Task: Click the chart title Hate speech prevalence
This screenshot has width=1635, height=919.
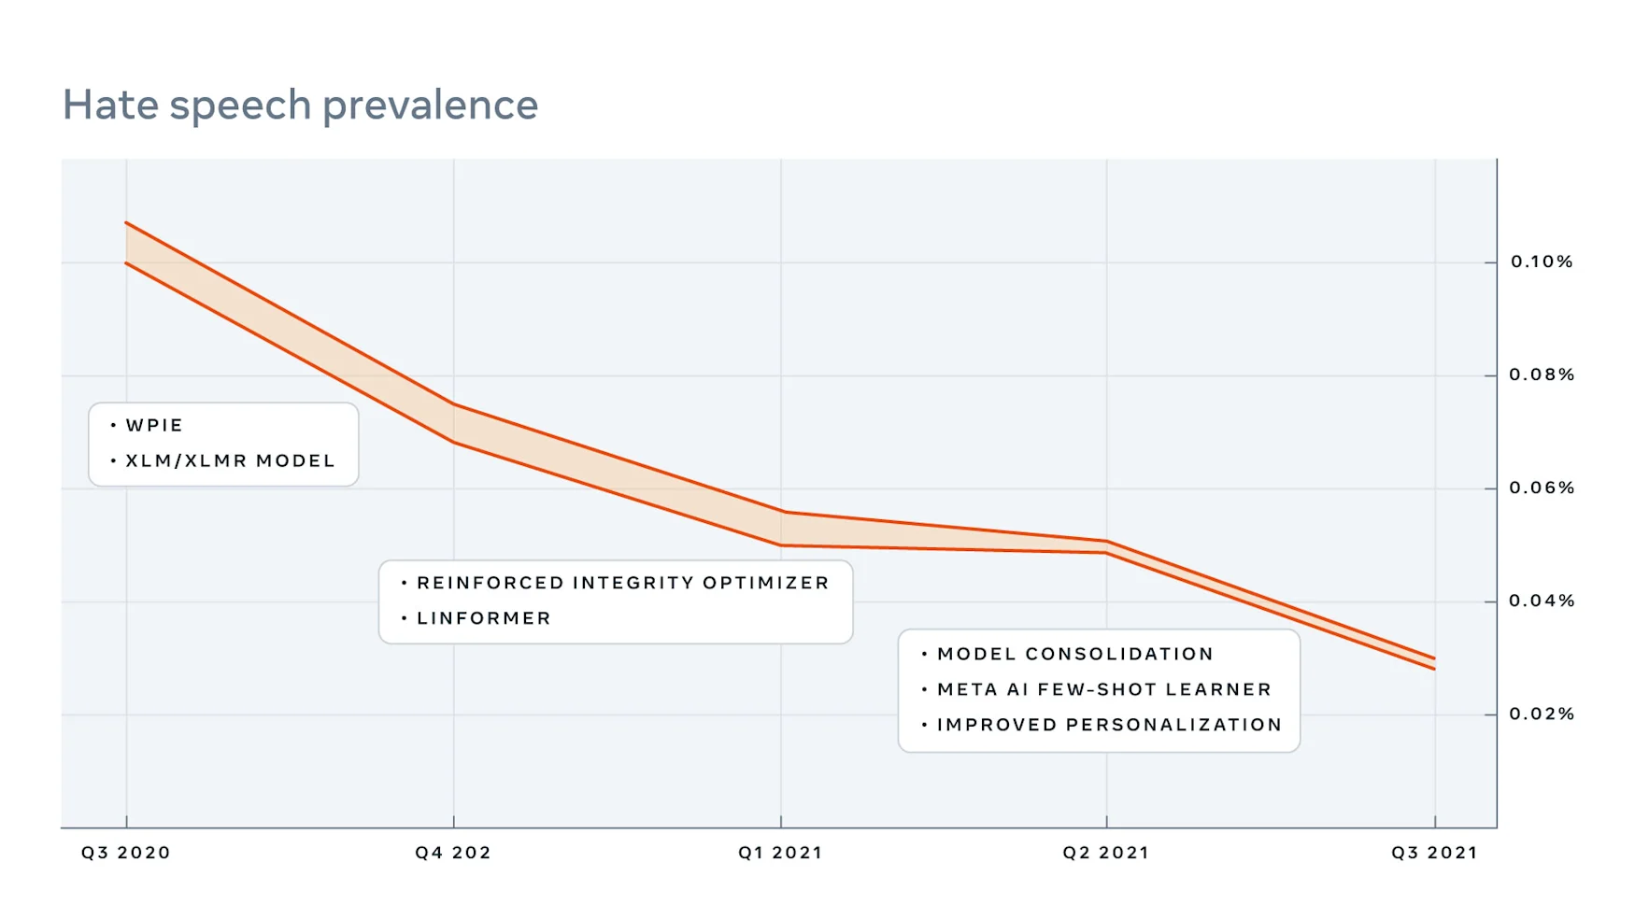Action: click(300, 105)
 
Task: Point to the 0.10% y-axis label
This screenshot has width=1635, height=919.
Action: click(1542, 262)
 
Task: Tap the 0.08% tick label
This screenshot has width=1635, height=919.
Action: click(1542, 375)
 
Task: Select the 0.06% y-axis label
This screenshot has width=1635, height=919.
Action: click(1542, 488)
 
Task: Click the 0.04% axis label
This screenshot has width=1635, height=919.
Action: click(1542, 601)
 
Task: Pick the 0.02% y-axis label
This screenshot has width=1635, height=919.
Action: click(1542, 714)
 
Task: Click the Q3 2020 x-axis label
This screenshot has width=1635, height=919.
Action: click(126, 853)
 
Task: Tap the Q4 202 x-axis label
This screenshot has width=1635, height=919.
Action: click(453, 853)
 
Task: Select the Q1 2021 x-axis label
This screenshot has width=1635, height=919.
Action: click(780, 853)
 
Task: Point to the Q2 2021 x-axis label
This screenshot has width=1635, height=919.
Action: click(1106, 853)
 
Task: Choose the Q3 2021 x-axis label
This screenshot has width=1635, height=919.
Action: click(1434, 853)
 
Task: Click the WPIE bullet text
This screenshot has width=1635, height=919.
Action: click(154, 426)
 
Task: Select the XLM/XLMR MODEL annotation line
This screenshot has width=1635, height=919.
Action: click(230, 461)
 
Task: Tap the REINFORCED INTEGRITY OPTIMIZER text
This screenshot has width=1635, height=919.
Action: click(622, 584)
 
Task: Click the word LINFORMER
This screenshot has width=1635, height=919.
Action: click(484, 619)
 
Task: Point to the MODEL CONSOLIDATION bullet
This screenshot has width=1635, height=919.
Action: click(1074, 655)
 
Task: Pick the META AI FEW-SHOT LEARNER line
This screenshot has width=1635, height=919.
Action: click(1104, 690)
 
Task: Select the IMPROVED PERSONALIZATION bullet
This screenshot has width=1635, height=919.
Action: click(1109, 726)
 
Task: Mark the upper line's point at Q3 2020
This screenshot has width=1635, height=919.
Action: click(126, 223)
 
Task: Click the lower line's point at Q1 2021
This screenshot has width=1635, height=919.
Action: click(781, 545)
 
